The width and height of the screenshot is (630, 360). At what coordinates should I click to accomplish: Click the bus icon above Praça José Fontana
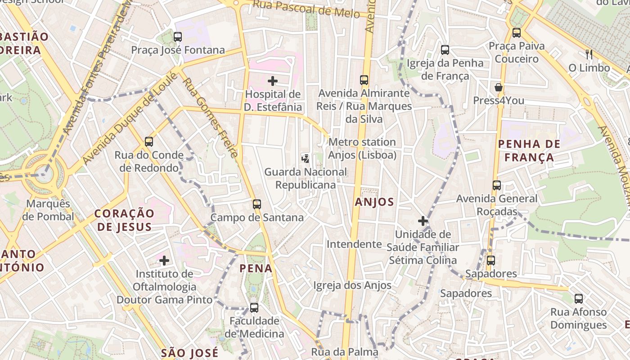[x=178, y=37]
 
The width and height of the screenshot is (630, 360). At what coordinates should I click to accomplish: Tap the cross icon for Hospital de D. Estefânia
[x=273, y=81]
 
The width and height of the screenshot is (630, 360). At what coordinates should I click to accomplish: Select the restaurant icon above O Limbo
[x=589, y=54]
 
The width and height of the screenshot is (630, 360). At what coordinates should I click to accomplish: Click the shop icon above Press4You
[x=499, y=87]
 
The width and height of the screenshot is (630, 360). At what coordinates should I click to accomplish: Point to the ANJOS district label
[x=374, y=202]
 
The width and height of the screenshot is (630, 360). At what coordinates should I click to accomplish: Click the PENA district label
[x=256, y=269]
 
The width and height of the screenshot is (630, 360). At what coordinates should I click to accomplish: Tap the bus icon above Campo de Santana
[x=257, y=204]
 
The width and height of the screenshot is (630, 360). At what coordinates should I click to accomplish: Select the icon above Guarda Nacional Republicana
[x=306, y=158]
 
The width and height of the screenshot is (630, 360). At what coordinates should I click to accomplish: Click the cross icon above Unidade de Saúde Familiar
[x=423, y=221]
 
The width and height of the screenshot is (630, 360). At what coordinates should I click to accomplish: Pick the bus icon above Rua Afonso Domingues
[x=579, y=298]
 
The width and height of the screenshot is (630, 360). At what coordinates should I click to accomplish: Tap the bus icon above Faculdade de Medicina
[x=254, y=308]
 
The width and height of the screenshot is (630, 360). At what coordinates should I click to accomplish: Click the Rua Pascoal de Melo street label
[x=306, y=9]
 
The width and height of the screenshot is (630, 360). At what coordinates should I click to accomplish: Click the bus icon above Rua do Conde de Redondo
[x=149, y=142]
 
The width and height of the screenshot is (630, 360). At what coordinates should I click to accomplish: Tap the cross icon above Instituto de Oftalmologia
[x=164, y=260]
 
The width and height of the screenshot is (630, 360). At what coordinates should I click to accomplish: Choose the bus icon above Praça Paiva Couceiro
[x=517, y=33]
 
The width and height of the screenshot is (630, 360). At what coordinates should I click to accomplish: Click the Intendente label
[x=354, y=244]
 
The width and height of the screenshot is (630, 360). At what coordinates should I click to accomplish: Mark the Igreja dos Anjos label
[x=352, y=285]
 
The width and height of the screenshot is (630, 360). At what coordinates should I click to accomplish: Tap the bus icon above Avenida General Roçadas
[x=497, y=185]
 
